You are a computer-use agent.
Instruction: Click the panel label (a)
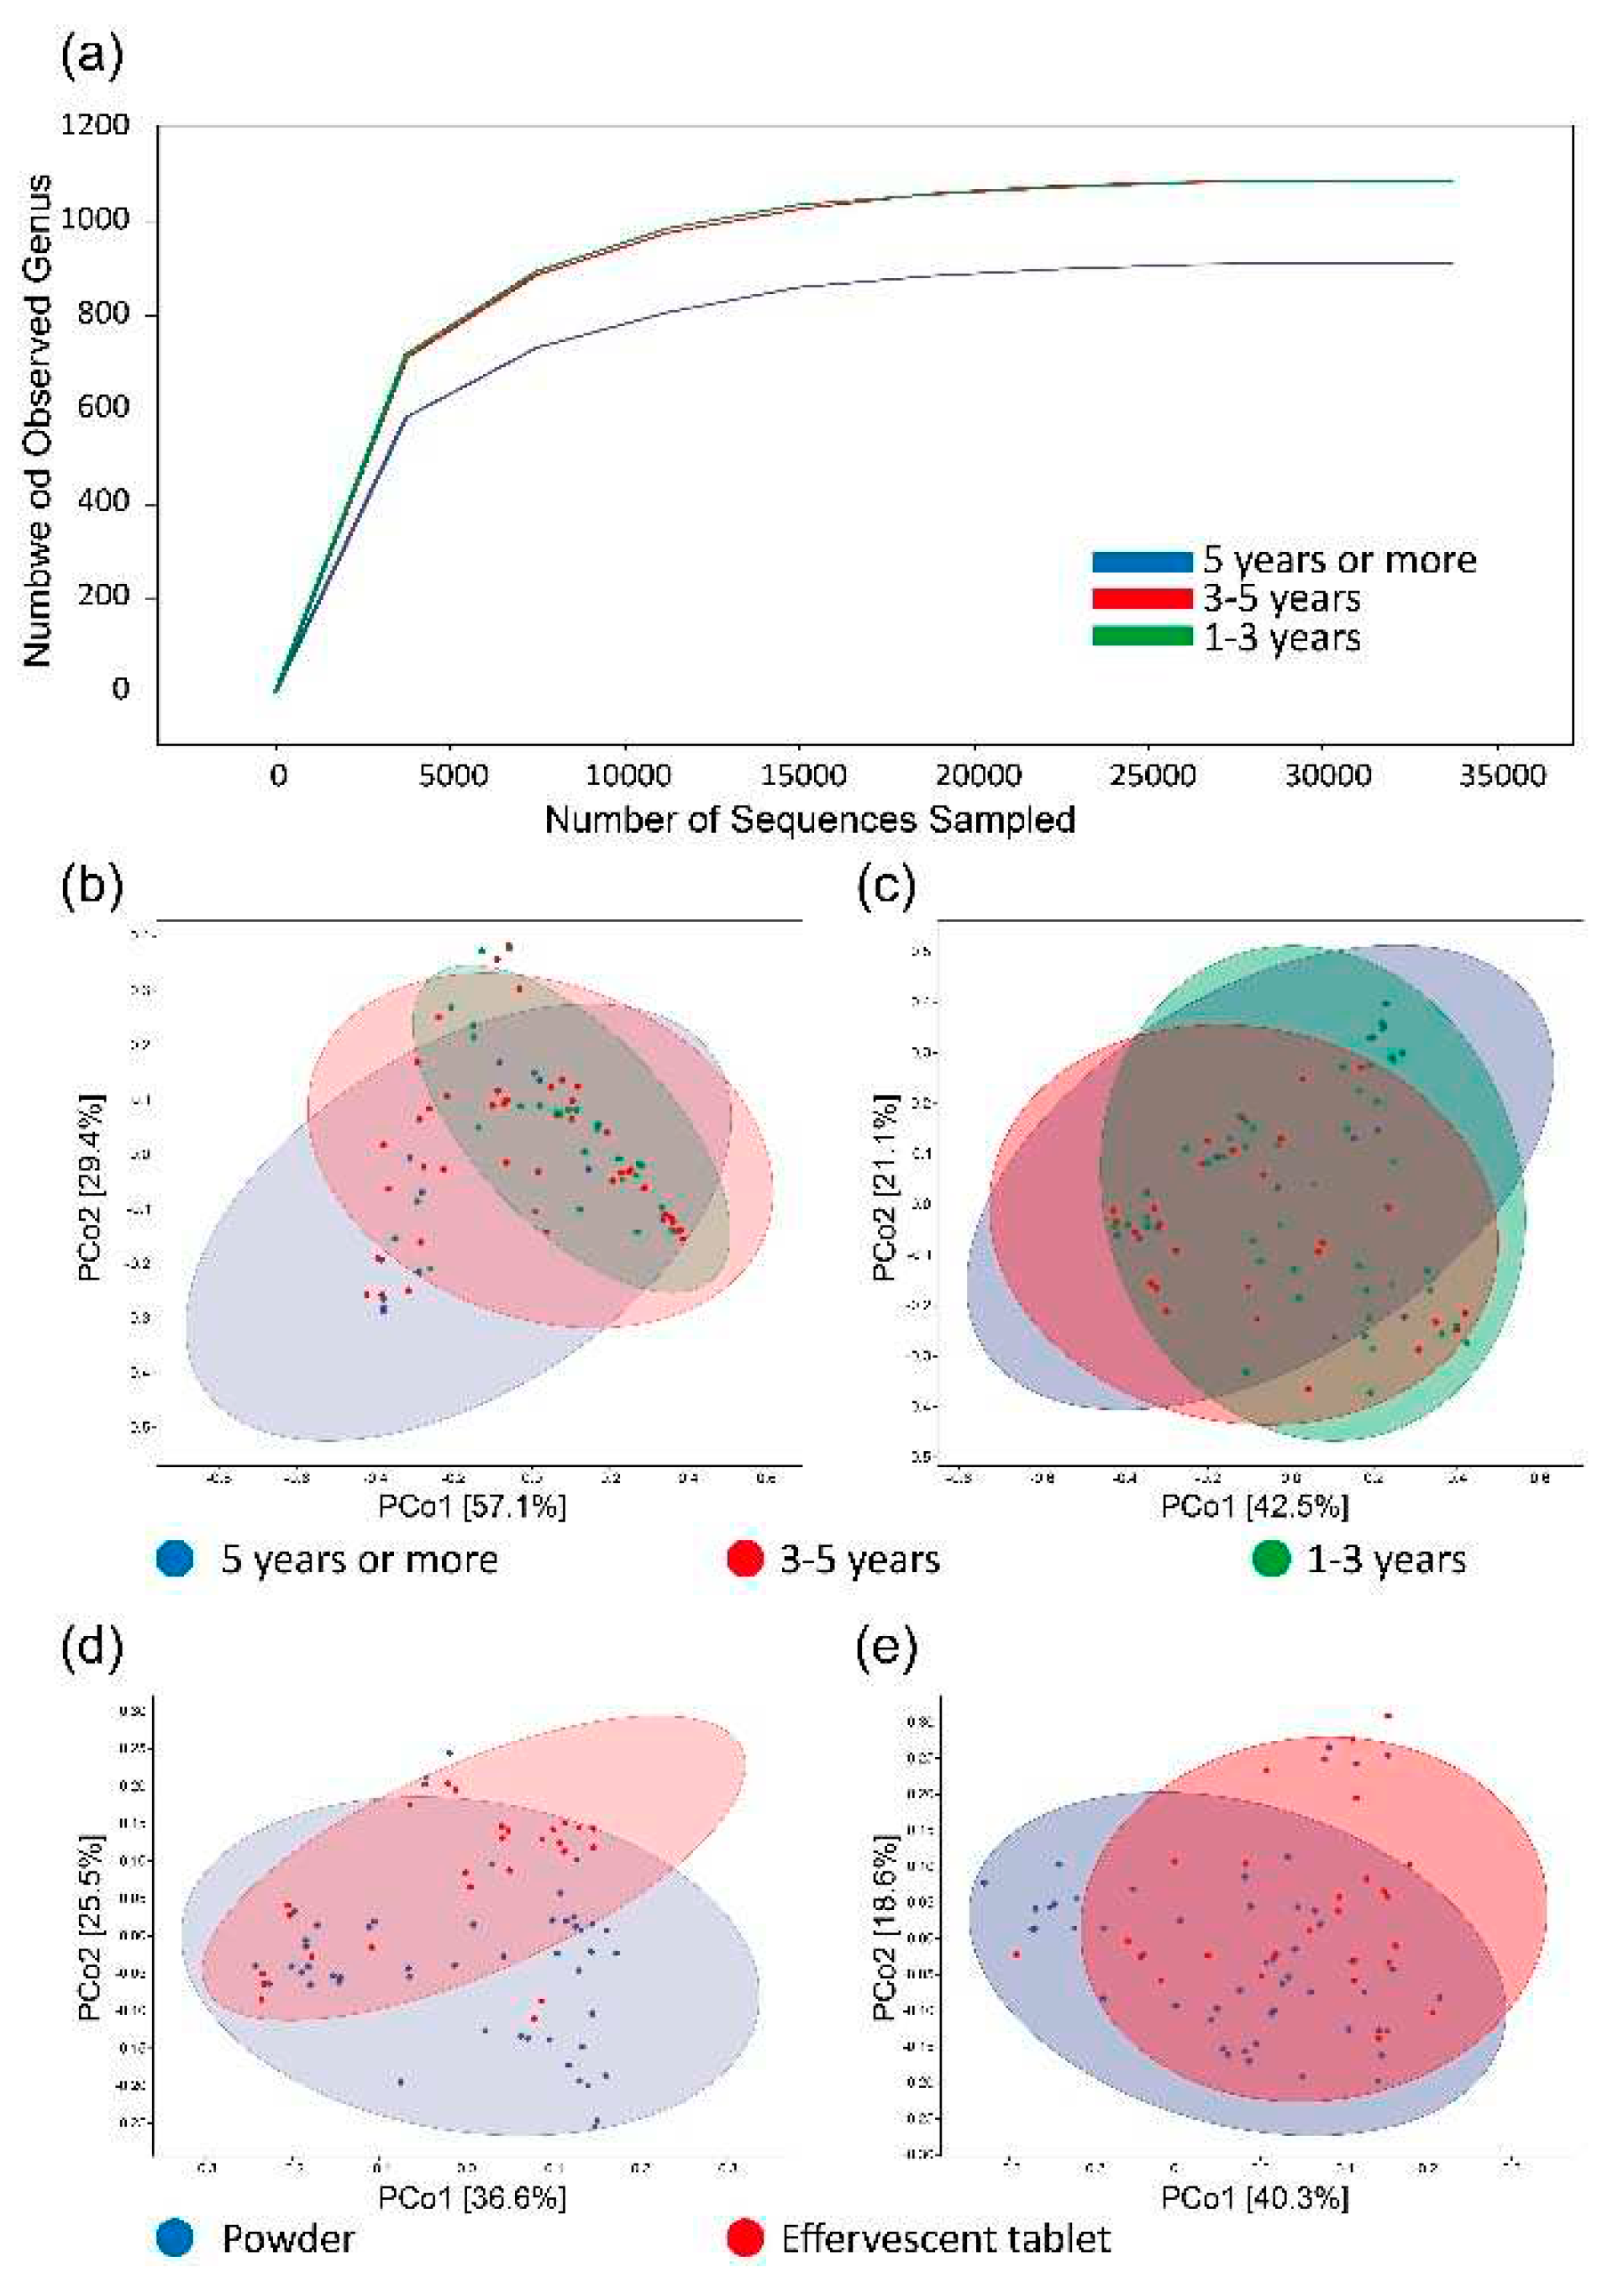point(92,55)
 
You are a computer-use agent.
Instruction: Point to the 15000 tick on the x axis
point(802,775)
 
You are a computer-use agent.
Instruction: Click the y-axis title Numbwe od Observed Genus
point(38,422)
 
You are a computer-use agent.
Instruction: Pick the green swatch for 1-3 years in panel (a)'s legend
point(1141,636)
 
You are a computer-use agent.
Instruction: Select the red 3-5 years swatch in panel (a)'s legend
point(1141,598)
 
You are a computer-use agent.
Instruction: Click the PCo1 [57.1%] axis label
point(471,1507)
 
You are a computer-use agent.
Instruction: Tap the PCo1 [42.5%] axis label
point(1254,1507)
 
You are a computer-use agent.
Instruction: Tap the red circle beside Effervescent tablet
point(745,2238)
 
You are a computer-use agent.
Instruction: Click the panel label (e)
point(885,1649)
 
